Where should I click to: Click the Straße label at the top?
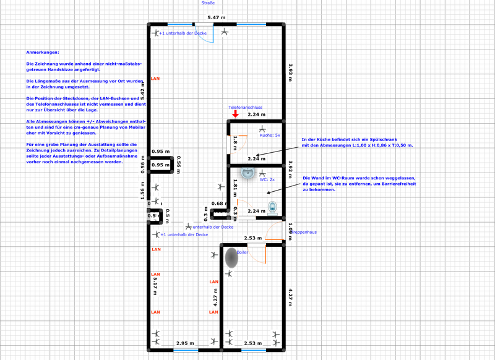coord(208,3)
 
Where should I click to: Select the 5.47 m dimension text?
coord(216,18)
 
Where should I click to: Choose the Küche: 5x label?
coord(270,134)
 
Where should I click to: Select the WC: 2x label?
coord(267,179)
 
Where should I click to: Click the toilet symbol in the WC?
coord(272,207)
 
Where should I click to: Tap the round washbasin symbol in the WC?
coord(247,174)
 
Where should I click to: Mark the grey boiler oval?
coord(231,258)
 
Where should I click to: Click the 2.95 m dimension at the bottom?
coord(185,342)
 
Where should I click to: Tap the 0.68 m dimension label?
coord(218,203)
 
